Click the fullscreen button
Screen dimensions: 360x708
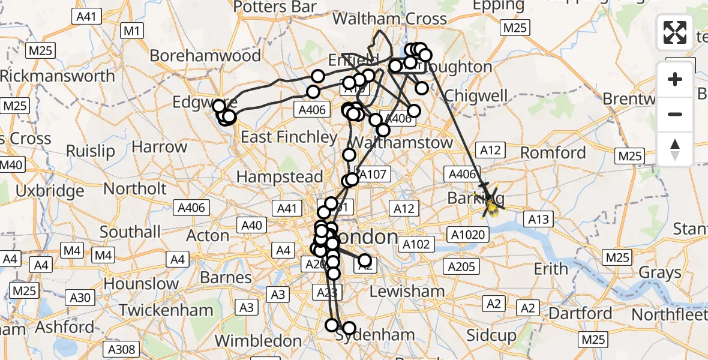tap(675, 32)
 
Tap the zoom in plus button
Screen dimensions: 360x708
tap(675, 79)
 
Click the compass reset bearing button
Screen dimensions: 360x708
tap(675, 149)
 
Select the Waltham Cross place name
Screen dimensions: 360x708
tap(389, 19)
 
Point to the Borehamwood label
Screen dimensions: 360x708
tap(205, 56)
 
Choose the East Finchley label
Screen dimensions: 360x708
tap(289, 137)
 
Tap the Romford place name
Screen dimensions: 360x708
tap(553, 152)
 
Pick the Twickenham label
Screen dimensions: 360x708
tap(166, 310)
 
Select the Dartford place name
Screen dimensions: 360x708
tap(581, 313)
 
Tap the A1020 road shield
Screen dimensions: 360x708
tap(468, 235)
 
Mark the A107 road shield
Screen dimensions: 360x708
tap(375, 175)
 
